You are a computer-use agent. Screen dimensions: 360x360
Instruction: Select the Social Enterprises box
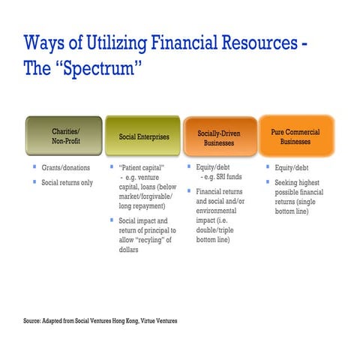(x=144, y=136)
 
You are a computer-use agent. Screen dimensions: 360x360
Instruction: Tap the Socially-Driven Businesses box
(x=219, y=137)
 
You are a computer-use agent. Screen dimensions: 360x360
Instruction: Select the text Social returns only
(x=67, y=182)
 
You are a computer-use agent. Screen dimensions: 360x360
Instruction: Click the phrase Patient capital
(x=142, y=167)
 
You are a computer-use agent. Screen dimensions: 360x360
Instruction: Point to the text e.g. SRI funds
(x=222, y=177)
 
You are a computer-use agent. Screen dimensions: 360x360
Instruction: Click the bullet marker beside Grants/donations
(x=34, y=167)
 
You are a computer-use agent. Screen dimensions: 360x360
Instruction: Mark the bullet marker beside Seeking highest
(x=268, y=182)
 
